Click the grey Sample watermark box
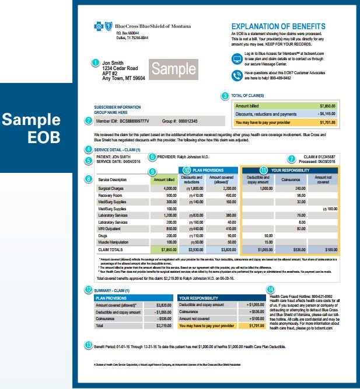point(174,70)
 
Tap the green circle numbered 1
point(95,61)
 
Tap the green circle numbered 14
point(270,289)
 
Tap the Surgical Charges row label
point(113,188)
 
